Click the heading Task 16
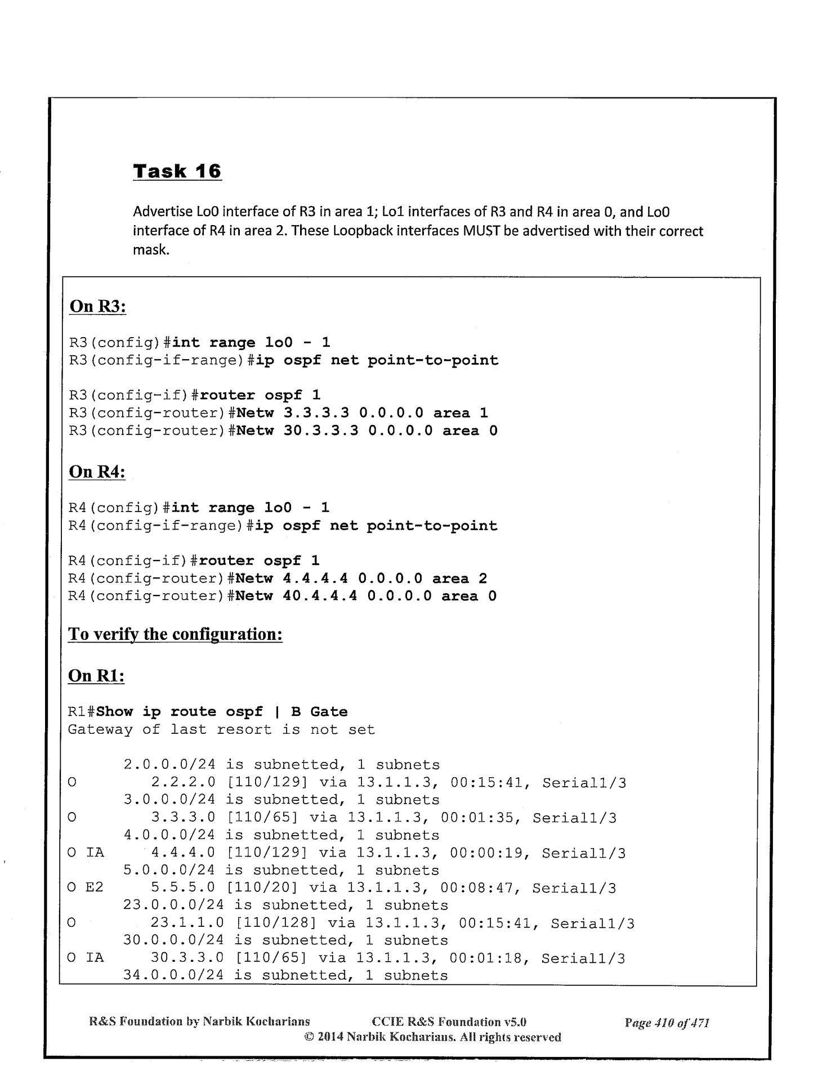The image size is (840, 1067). pyautogui.click(x=177, y=171)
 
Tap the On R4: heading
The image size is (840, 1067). pyautogui.click(x=96, y=472)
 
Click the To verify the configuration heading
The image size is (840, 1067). pyautogui.click(x=175, y=634)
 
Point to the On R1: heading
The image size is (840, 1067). pyautogui.click(x=96, y=675)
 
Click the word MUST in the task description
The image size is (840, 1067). pyautogui.click(x=478, y=231)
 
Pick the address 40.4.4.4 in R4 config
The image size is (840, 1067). pyautogui.click(x=319, y=596)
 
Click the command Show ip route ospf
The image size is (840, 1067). pyautogui.click(x=180, y=712)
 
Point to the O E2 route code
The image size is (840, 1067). pyautogui.click(x=86, y=889)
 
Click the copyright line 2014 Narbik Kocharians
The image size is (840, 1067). pyautogui.click(x=432, y=1037)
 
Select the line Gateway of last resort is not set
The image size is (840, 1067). pyautogui.click(x=221, y=730)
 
